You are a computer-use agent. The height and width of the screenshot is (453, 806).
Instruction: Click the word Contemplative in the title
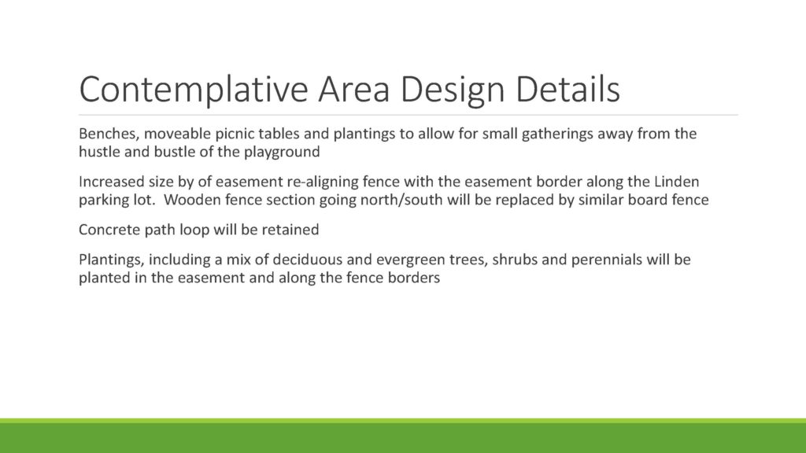pos(194,90)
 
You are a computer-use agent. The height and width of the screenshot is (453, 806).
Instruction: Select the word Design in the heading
pos(453,90)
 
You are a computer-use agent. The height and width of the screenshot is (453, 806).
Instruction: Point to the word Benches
pos(109,134)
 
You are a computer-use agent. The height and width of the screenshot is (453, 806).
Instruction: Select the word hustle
pos(99,152)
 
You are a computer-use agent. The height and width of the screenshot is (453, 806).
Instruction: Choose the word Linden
pos(676,182)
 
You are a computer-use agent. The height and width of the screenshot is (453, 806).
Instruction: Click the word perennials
pos(607,260)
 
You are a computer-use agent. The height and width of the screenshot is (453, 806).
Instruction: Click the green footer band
pos(403,436)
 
